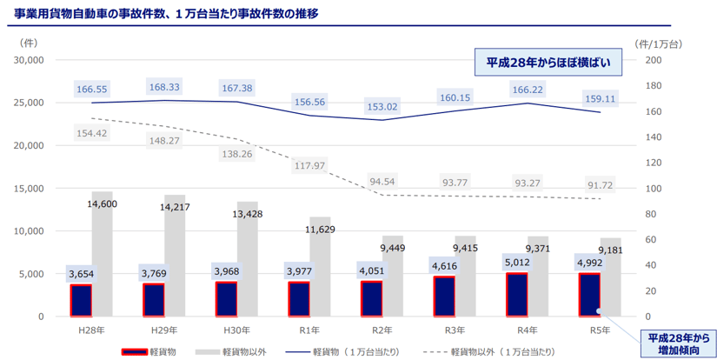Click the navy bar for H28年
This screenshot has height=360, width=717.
coord(82,300)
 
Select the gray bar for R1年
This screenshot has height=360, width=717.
coord(320,266)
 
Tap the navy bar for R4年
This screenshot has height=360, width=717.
coord(517,295)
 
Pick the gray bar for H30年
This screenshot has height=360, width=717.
coord(248,258)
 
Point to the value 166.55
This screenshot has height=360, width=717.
coord(92,89)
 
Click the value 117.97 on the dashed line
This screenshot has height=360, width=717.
coord(309,165)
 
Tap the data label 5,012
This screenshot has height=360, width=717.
coord(516,261)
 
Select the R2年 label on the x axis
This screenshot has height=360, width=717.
coord(382,331)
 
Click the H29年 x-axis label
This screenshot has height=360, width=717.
coord(164,331)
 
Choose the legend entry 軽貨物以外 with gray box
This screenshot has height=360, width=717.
coord(227,352)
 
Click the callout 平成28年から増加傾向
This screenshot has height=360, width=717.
coord(674,343)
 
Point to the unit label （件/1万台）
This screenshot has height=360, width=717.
coord(661,43)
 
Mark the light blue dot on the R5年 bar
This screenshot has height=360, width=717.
coord(598,310)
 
